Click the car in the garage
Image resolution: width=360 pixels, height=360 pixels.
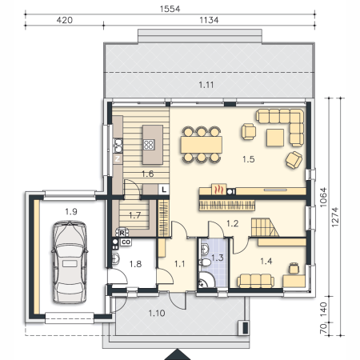(x=70, y=262)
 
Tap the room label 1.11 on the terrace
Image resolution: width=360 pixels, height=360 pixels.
(x=206, y=85)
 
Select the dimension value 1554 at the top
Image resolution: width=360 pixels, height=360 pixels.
(x=170, y=9)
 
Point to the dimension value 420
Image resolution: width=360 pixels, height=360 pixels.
(x=64, y=20)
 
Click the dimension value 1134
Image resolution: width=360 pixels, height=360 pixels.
(x=209, y=20)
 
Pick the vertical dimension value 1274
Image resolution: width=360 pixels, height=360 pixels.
(x=335, y=217)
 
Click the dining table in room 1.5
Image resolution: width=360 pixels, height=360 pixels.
(x=202, y=145)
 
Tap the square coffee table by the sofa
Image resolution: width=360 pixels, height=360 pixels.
(x=275, y=138)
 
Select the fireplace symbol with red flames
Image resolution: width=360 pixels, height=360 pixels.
(x=218, y=190)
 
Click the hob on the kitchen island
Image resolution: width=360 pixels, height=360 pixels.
(x=149, y=145)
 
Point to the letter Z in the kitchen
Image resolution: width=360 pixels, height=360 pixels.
(x=118, y=159)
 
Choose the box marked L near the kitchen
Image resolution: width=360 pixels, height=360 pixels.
(x=164, y=190)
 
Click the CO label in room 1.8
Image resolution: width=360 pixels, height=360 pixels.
(x=126, y=242)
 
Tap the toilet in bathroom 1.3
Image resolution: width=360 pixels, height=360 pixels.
(x=205, y=262)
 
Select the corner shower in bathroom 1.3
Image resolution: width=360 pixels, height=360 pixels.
(x=206, y=280)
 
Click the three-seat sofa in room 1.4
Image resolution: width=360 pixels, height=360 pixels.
(x=255, y=281)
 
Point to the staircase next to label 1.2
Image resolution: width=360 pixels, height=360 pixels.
(x=265, y=227)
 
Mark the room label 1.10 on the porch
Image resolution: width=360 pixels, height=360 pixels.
(x=157, y=313)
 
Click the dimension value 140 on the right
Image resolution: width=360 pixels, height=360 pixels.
(x=323, y=310)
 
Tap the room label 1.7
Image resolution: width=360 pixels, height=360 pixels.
(x=134, y=215)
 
